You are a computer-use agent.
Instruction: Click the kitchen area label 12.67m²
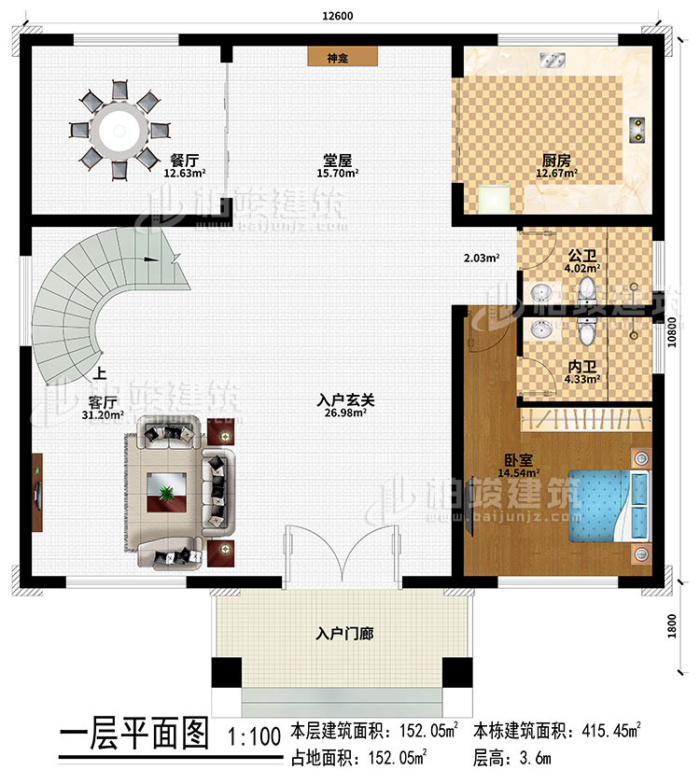coord(556,173)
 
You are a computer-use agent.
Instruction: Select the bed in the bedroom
coord(607,505)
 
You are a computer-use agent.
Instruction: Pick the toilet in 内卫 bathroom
coord(585,330)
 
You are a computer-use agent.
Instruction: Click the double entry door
coord(343,554)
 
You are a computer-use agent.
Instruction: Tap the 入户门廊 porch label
coord(344,634)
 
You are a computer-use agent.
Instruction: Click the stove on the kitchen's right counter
coord(637,130)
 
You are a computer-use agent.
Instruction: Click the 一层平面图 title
coord(133,735)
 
